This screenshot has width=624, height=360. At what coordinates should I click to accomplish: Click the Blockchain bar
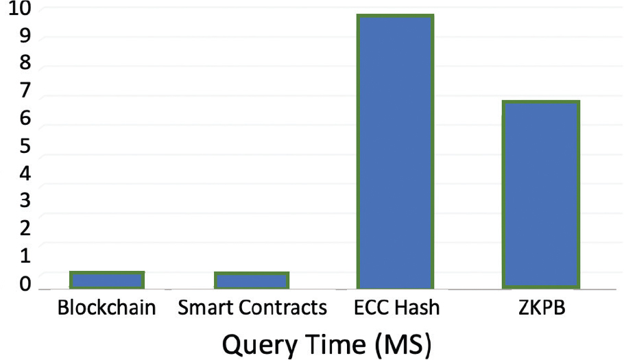(107, 280)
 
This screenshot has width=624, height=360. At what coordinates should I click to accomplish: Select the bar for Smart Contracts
(251, 280)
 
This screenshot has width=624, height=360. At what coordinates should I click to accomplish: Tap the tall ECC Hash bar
(395, 151)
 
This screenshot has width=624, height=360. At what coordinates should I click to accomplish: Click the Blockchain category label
(107, 308)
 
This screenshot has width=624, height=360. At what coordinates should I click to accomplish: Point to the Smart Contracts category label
(252, 308)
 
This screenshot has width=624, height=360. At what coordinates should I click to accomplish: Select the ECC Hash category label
(396, 308)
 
